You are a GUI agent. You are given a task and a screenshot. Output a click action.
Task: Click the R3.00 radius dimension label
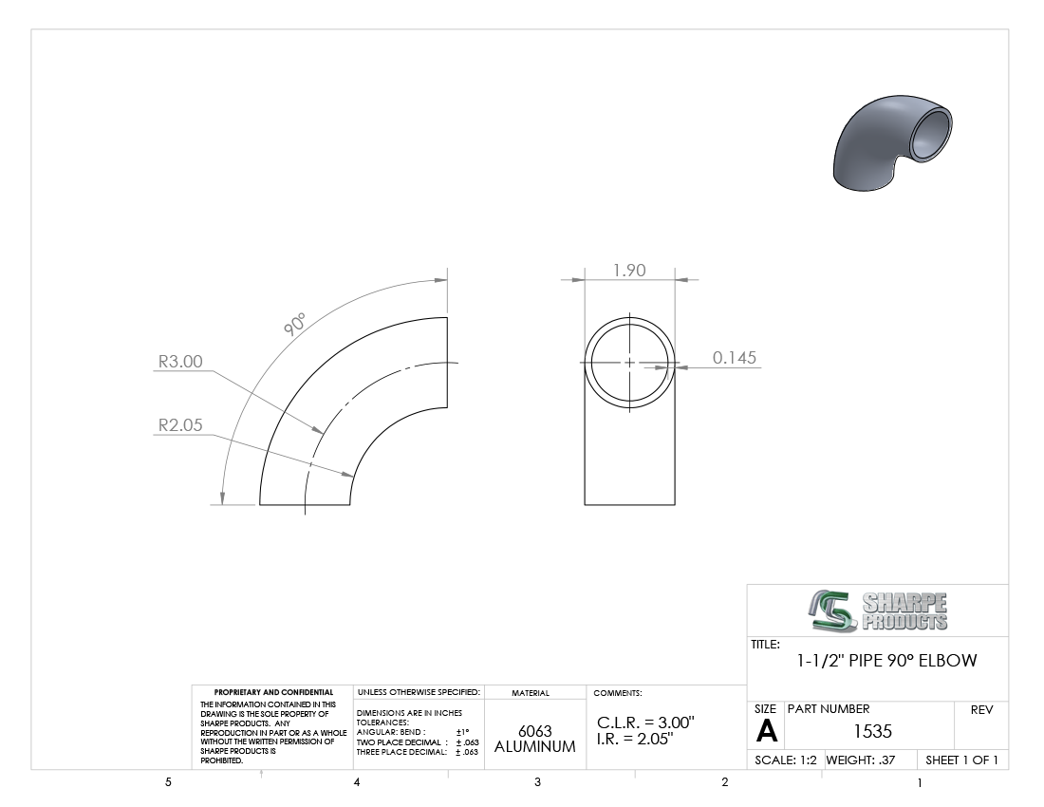click(x=180, y=362)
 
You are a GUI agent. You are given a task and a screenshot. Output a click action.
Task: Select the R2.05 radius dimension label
click(x=180, y=424)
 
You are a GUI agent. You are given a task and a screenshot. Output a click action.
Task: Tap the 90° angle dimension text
click(x=294, y=324)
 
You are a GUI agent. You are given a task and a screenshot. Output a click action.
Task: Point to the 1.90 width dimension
click(x=629, y=271)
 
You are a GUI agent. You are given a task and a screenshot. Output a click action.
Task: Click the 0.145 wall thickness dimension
click(x=735, y=358)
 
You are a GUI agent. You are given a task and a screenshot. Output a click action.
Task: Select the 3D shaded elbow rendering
click(x=892, y=142)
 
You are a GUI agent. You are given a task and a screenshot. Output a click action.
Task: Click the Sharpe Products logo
click(x=879, y=610)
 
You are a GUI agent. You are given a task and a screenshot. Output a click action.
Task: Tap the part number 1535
click(x=872, y=731)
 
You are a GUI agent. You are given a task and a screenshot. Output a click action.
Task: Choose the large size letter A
click(x=766, y=732)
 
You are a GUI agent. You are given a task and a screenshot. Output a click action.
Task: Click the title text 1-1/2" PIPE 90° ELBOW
click(x=886, y=661)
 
